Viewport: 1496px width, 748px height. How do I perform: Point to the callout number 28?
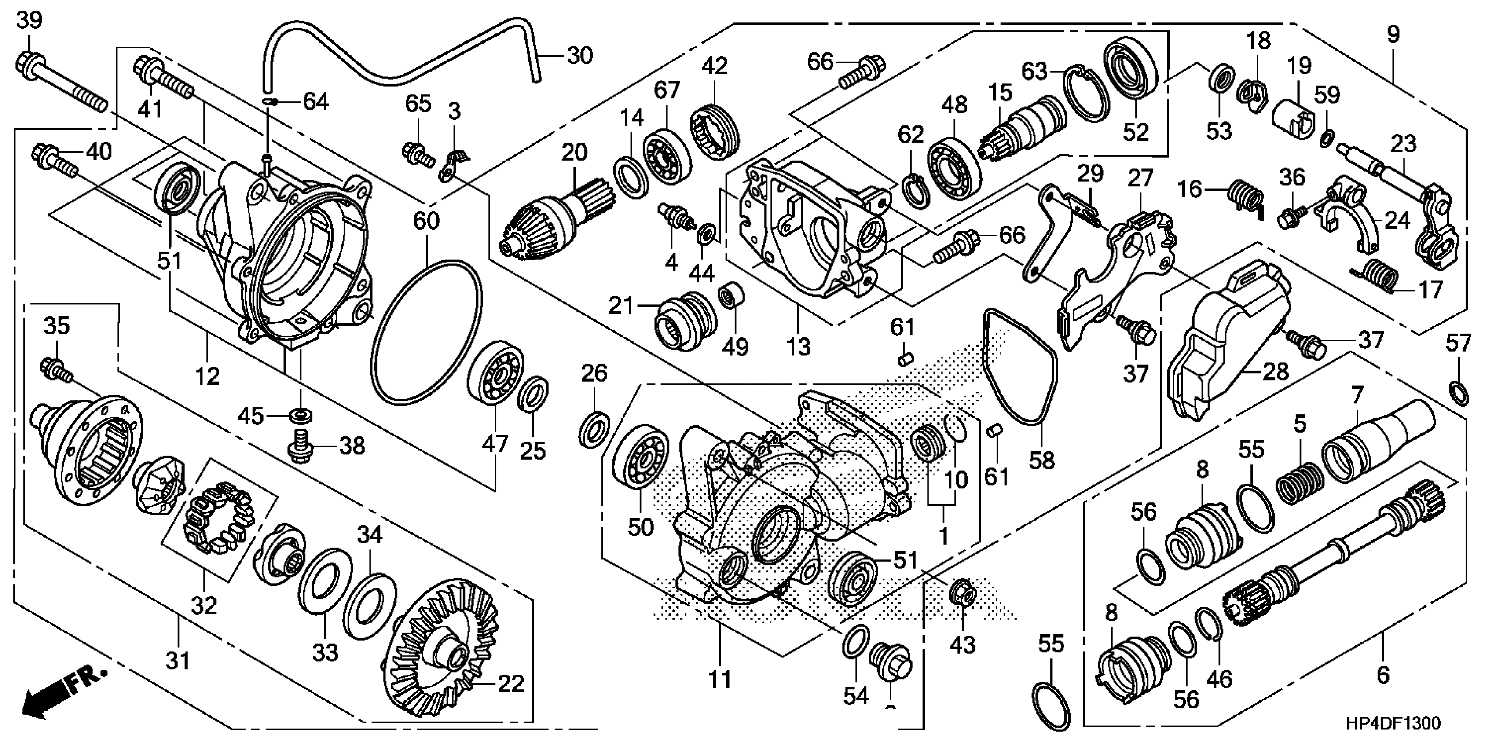tap(1276, 372)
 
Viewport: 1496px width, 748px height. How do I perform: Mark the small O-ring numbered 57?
tap(1459, 394)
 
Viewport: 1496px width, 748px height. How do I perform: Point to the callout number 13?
tap(798, 347)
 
